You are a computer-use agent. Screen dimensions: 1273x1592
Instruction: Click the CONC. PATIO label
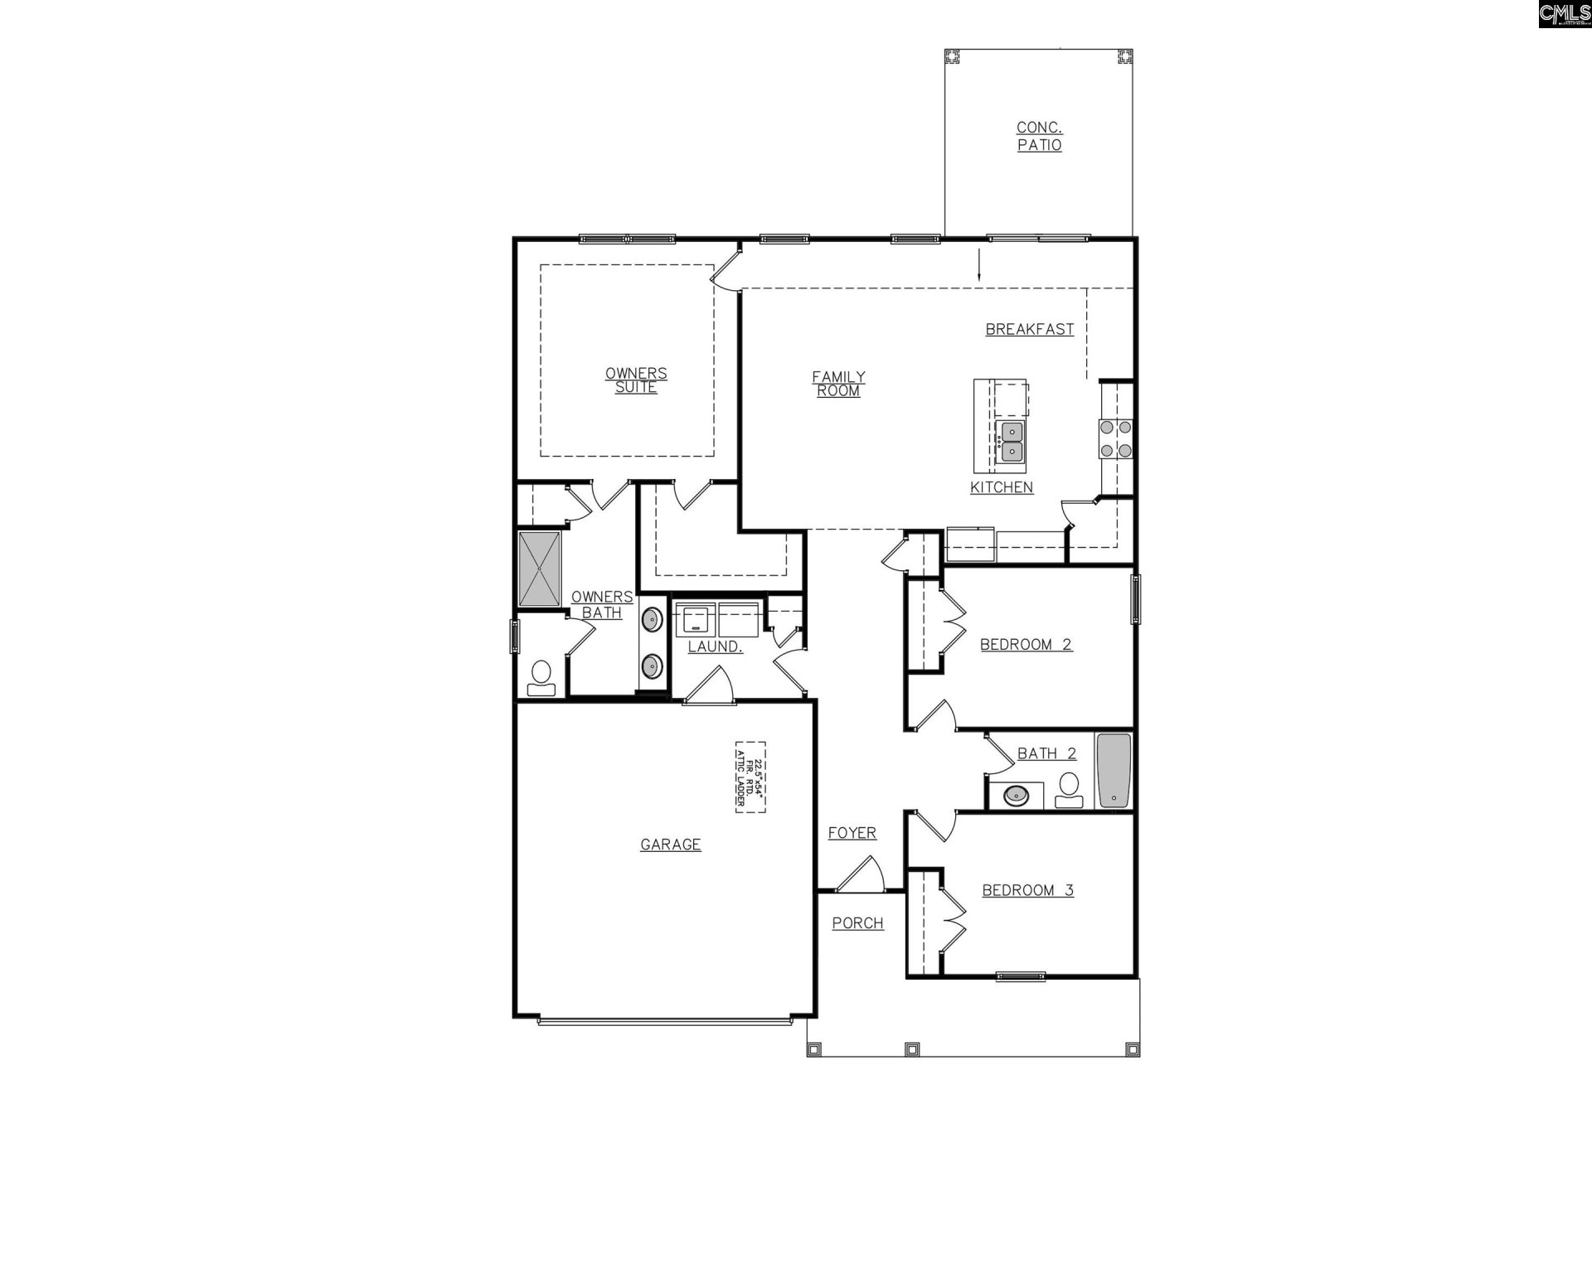click(1039, 136)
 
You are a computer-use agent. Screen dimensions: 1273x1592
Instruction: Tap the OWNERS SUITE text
click(636, 380)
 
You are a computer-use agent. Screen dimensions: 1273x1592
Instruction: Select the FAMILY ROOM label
click(838, 384)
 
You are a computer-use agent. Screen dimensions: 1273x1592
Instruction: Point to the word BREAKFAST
click(1029, 329)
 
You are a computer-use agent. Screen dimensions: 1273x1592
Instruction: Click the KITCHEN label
click(1002, 487)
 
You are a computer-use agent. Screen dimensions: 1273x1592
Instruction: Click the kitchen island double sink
click(1012, 442)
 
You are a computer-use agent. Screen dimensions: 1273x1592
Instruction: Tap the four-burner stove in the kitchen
click(1115, 439)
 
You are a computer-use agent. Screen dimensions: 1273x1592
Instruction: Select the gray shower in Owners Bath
click(540, 569)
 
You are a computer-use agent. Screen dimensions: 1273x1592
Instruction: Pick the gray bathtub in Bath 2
click(1114, 771)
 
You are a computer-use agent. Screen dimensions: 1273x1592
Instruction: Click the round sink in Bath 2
click(1016, 796)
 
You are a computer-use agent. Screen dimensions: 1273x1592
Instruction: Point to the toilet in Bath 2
click(1069, 790)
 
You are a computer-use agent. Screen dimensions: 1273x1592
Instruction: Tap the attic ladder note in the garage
click(750, 777)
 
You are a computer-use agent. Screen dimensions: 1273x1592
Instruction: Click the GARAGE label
click(670, 845)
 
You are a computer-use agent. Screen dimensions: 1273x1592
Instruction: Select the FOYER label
click(852, 833)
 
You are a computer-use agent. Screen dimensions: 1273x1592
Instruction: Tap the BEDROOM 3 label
click(1027, 890)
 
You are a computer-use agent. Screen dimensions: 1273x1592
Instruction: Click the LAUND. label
click(715, 646)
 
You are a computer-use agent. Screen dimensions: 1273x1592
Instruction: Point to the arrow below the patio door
click(979, 264)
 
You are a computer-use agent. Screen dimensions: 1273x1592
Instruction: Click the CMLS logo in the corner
click(1564, 14)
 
